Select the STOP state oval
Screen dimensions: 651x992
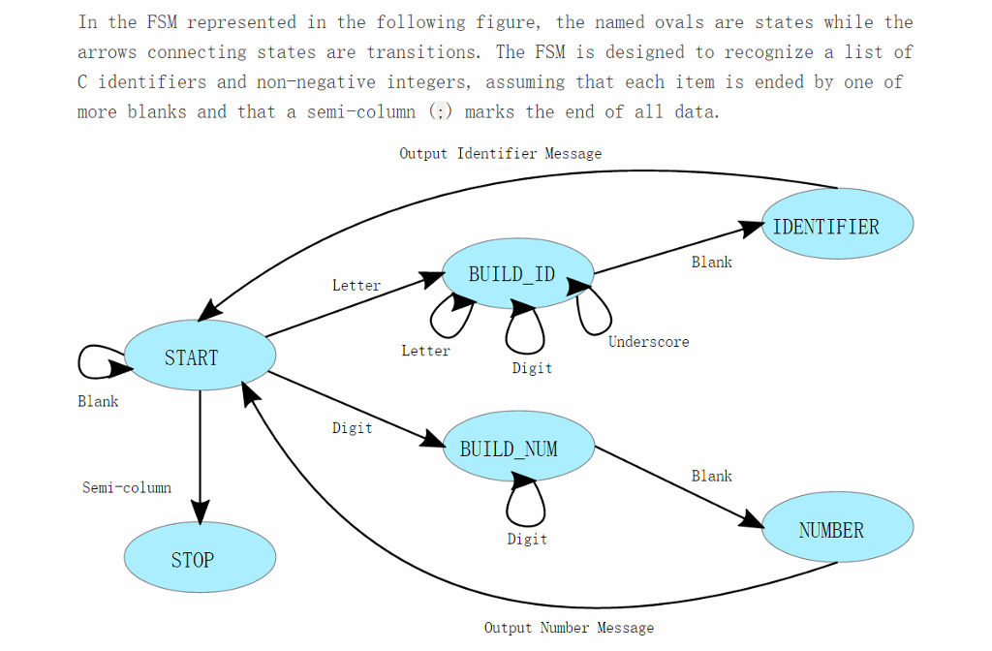pyautogui.click(x=201, y=558)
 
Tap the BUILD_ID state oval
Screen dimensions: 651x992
pyautogui.click(x=517, y=273)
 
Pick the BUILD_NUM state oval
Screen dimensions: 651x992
pyautogui.click(x=517, y=449)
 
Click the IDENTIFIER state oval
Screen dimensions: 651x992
pyautogui.click(x=837, y=226)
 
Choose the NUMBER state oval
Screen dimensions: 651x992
pyautogui.click(x=837, y=529)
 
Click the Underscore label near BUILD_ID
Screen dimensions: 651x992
pyautogui.click(x=648, y=341)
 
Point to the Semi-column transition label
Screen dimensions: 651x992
pyautogui.click(x=127, y=487)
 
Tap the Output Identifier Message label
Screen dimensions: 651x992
pyautogui.click(x=500, y=153)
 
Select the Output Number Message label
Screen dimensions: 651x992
pyautogui.click(x=569, y=628)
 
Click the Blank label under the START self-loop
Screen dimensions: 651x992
pyautogui.click(x=98, y=401)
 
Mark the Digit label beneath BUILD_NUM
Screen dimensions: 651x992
pyautogui.click(x=527, y=539)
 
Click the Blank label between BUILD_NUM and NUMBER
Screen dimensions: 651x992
pyautogui.click(x=711, y=476)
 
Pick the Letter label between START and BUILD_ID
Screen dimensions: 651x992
pyautogui.click(x=356, y=285)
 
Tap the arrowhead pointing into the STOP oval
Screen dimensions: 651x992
pyautogui.click(x=200, y=513)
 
